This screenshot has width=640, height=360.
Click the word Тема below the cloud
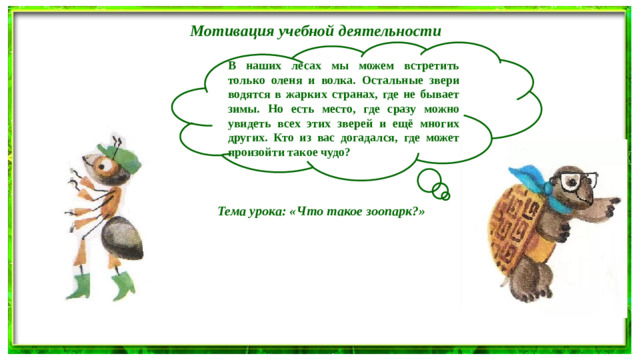[235, 213]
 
